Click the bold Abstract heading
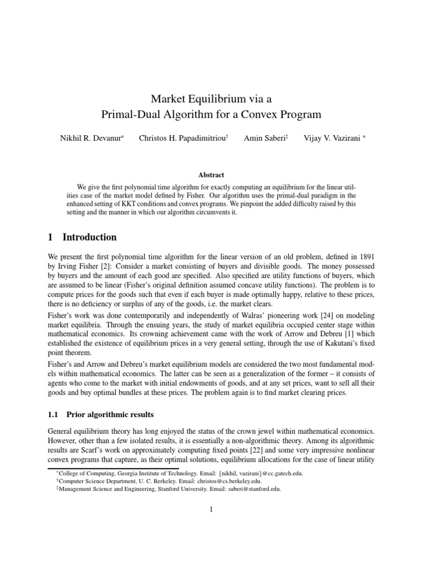211,174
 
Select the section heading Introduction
89,237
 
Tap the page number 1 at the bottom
211,509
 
